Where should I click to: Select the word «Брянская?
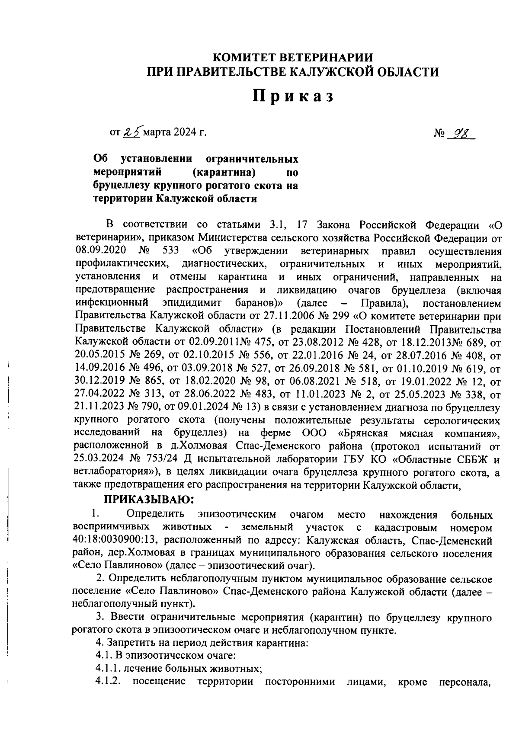tap(362, 433)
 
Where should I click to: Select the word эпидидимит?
tap(192, 303)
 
